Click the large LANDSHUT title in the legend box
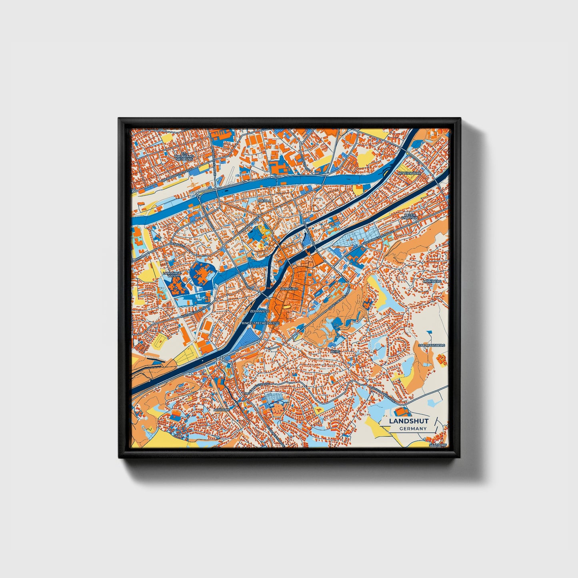409,421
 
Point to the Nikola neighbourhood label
264,200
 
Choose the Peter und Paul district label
409,217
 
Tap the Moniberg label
432,281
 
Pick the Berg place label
335,351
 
